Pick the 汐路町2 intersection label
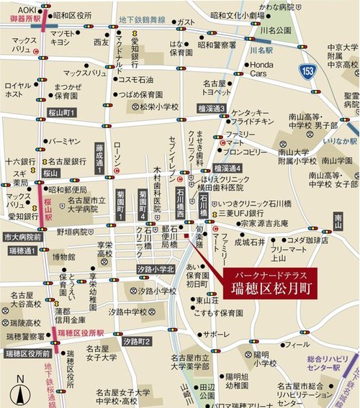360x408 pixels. (136, 341)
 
